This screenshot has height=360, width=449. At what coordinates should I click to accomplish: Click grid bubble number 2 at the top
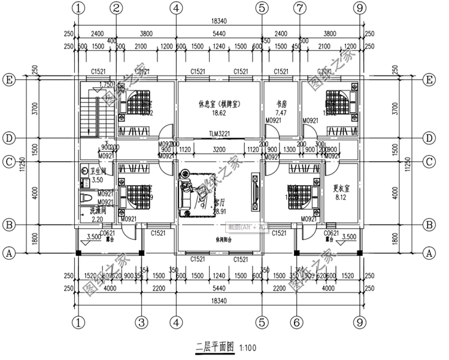click(x=116, y=8)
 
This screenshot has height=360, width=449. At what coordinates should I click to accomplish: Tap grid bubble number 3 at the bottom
click(x=141, y=323)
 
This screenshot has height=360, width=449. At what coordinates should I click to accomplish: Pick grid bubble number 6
click(x=295, y=323)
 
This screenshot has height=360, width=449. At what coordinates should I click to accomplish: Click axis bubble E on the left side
click(x=9, y=80)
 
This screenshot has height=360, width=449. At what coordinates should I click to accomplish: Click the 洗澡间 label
click(x=97, y=211)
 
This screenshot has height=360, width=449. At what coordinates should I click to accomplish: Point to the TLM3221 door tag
click(x=220, y=134)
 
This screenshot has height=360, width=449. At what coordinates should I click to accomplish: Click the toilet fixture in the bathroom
click(x=84, y=198)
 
